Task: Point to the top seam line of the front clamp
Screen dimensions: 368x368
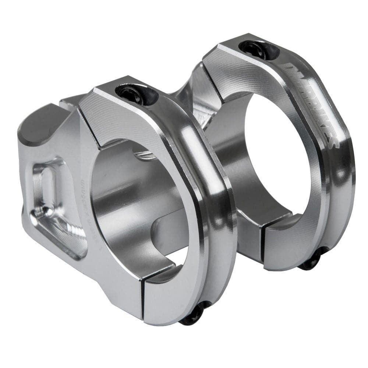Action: tap(88, 127)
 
